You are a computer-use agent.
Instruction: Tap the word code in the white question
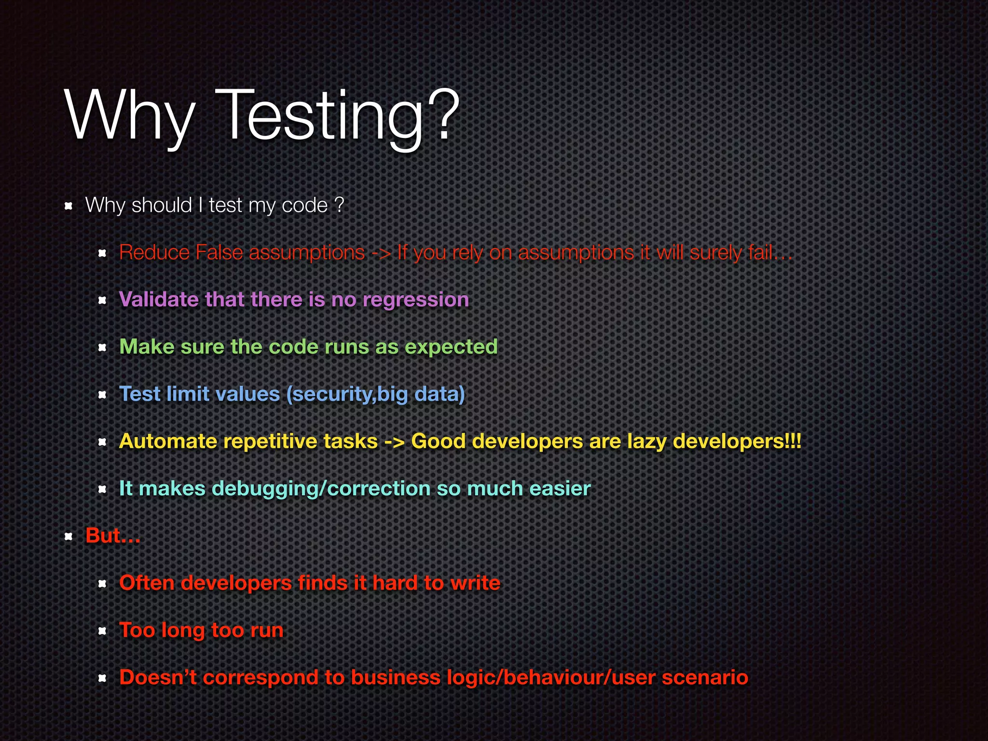click(x=304, y=206)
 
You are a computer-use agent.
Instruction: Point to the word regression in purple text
click(x=415, y=300)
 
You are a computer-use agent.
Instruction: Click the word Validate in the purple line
click(x=159, y=300)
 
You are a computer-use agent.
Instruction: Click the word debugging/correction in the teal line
click(x=321, y=489)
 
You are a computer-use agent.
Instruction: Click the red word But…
click(x=113, y=535)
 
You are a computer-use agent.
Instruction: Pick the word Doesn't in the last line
click(x=158, y=677)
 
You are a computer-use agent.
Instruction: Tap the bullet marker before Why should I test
click(x=69, y=206)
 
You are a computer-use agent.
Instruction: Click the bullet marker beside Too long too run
click(x=102, y=631)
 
